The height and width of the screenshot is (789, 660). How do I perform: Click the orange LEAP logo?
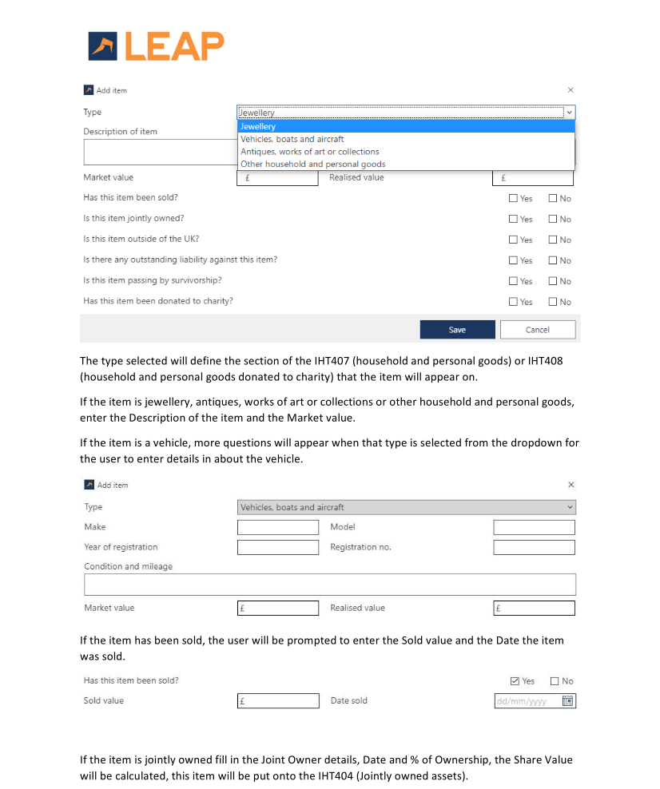pyautogui.click(x=157, y=46)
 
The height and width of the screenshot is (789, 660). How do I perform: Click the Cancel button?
pyautogui.click(x=537, y=330)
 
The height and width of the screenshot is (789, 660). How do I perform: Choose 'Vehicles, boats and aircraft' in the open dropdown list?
pyautogui.click(x=292, y=139)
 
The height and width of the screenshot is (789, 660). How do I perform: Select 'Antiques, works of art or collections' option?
pyautogui.click(x=310, y=152)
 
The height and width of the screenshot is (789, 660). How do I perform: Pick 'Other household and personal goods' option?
pyautogui.click(x=313, y=165)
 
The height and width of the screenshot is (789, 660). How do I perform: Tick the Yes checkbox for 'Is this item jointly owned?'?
pyautogui.click(x=514, y=219)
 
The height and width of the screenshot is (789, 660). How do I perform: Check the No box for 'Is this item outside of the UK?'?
pyautogui.click(x=553, y=240)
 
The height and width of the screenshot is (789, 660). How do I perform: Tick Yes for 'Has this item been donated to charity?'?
pyautogui.click(x=514, y=302)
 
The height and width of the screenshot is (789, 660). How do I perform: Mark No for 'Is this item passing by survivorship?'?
pyautogui.click(x=553, y=281)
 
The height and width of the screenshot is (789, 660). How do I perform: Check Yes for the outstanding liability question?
pyautogui.click(x=514, y=260)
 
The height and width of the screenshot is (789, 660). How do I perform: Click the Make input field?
pyautogui.click(x=278, y=527)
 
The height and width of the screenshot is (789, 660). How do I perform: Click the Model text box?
pyautogui.click(x=534, y=527)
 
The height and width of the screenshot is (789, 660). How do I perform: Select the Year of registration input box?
pyautogui.click(x=278, y=548)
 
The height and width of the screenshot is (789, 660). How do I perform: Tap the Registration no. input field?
pyautogui.click(x=534, y=548)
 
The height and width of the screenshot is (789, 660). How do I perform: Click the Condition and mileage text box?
pyautogui.click(x=329, y=585)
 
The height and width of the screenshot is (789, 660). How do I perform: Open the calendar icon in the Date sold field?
pyautogui.click(x=568, y=701)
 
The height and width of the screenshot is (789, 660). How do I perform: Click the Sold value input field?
pyautogui.click(x=278, y=701)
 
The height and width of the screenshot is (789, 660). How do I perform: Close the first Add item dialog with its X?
pyautogui.click(x=570, y=90)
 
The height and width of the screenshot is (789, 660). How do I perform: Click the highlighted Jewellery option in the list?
pyautogui.click(x=258, y=126)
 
